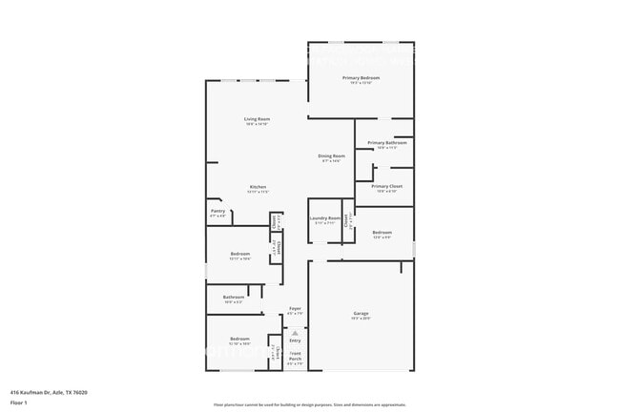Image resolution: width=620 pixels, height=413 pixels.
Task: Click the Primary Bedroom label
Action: click(362, 77)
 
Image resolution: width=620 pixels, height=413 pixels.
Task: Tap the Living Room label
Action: click(257, 118)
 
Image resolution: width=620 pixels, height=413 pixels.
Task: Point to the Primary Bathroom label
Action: click(386, 142)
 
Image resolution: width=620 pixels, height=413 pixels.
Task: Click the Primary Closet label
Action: click(386, 186)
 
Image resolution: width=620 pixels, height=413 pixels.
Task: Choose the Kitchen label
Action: click(258, 186)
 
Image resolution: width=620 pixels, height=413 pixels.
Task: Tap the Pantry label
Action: click(217, 212)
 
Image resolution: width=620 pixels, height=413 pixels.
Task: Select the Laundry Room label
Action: click(324, 218)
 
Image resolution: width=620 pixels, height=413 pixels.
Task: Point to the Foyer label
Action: click(295, 309)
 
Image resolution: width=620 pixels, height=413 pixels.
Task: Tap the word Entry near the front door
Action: click(295, 340)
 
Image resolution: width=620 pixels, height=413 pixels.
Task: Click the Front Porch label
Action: click(295, 359)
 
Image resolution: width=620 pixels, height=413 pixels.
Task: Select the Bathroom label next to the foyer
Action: click(234, 297)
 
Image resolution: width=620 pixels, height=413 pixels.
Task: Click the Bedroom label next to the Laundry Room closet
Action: click(382, 233)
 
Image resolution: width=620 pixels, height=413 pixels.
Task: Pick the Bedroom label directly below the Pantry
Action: click(239, 254)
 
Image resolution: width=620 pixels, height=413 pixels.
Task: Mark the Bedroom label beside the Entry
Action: click(239, 339)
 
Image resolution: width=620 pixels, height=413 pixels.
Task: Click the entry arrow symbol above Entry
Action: click(295, 331)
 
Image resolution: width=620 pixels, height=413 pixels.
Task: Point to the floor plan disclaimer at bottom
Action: click(309, 404)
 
